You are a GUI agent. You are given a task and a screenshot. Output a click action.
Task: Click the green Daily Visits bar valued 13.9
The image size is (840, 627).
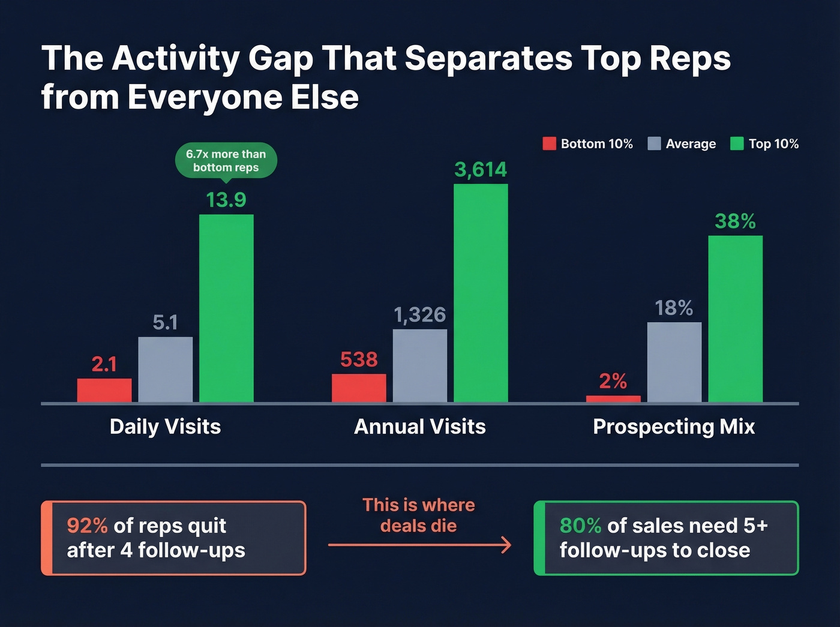point(226,308)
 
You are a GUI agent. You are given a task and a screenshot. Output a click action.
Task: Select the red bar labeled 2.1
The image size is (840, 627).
point(104,390)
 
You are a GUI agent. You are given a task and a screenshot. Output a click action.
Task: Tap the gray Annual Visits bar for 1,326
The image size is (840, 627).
point(420,365)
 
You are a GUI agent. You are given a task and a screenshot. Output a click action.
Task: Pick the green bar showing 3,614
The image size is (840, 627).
point(481,293)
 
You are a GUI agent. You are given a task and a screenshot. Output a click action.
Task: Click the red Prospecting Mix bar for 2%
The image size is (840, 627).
point(613,399)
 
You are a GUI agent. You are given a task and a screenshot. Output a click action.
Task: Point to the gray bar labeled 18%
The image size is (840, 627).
point(674,362)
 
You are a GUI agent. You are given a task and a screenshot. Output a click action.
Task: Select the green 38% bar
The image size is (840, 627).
point(736,319)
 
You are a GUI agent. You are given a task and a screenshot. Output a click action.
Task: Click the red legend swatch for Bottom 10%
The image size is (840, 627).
point(549,144)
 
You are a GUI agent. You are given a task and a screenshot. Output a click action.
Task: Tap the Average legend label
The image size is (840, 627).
point(691,144)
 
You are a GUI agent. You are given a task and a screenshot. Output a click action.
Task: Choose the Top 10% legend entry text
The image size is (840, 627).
point(773,144)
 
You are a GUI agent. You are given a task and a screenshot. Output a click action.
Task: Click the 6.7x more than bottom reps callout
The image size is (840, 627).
point(226,160)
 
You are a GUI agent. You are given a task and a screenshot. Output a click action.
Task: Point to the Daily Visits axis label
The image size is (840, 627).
point(165,427)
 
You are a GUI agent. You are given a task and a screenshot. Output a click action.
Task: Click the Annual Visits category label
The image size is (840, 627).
point(420,427)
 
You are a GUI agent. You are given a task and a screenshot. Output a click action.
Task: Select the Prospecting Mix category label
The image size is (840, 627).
point(674,427)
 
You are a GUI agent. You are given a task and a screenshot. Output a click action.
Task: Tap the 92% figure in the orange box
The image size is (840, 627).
point(87,526)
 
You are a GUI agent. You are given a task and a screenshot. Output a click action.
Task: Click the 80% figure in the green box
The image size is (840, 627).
point(580,526)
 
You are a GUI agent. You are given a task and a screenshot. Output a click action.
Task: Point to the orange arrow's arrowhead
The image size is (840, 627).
point(506,545)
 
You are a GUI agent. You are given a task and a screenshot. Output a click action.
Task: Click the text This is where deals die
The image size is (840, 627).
point(419,515)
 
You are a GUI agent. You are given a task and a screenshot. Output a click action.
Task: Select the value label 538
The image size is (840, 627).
point(359,359)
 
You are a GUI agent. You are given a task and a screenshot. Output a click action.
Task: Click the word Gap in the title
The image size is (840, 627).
point(280,59)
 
